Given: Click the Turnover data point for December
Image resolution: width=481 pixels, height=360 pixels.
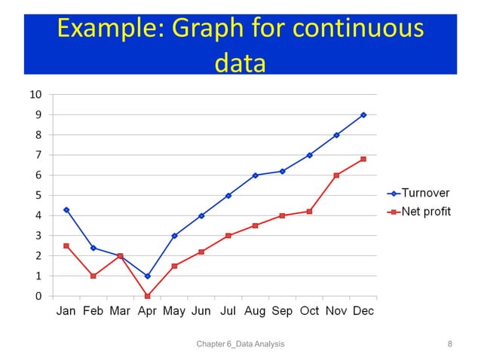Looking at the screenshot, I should pyautogui.click(x=363, y=115).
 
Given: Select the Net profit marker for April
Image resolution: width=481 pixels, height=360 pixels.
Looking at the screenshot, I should pyautogui.click(x=147, y=296).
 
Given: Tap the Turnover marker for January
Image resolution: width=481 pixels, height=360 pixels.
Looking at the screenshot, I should pyautogui.click(x=66, y=209).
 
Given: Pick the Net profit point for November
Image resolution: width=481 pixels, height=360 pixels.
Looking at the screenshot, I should pyautogui.click(x=336, y=175).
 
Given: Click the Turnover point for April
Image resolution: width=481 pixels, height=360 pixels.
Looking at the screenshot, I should pyautogui.click(x=147, y=276).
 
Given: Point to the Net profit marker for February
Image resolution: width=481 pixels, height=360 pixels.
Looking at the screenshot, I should pyautogui.click(x=93, y=276).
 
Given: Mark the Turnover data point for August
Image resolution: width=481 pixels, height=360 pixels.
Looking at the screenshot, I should pyautogui.click(x=255, y=175).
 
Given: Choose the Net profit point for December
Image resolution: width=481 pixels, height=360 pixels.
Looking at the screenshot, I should pyautogui.click(x=363, y=159).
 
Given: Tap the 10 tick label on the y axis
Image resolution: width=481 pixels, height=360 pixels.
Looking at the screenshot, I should pyautogui.click(x=35, y=95).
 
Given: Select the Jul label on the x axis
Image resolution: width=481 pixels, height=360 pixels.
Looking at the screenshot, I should pyautogui.click(x=228, y=311).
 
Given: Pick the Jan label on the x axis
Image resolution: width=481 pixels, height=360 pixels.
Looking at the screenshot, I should pyautogui.click(x=66, y=311).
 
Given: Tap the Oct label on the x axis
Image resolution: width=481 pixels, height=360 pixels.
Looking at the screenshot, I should pyautogui.click(x=309, y=311).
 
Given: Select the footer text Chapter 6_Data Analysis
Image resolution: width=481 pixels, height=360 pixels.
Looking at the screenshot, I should pyautogui.click(x=240, y=344).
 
